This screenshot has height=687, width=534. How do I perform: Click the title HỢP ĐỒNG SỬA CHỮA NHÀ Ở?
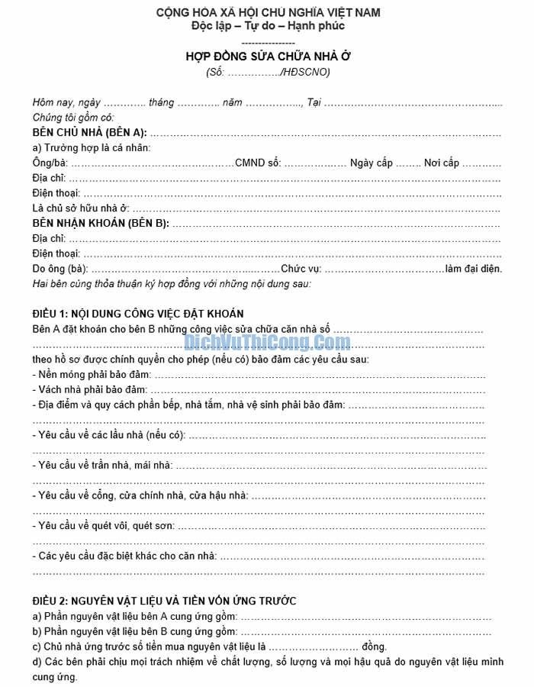coord(268,56)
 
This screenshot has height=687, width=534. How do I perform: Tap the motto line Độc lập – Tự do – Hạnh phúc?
coord(268,26)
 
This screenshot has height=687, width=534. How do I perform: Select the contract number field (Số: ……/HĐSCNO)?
coord(268,73)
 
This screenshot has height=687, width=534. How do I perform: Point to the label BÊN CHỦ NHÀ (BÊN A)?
coord(89,132)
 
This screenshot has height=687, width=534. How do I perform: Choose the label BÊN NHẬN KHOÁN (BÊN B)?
coord(100,223)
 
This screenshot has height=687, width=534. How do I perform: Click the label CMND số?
coord(258,163)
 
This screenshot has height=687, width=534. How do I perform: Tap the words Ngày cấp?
coord(371,163)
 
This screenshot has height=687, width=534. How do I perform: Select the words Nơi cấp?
coord(442,163)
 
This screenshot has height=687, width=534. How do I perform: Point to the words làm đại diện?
coord(474,269)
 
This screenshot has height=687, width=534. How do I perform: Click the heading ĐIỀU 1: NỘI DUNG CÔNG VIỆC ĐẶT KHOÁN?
coord(138,314)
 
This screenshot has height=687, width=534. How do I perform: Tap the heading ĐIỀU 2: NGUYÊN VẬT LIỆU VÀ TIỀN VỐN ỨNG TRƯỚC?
coord(164,601)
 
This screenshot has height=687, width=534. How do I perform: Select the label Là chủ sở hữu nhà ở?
coord(81,208)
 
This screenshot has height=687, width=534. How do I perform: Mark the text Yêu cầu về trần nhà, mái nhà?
coord(105,466)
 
